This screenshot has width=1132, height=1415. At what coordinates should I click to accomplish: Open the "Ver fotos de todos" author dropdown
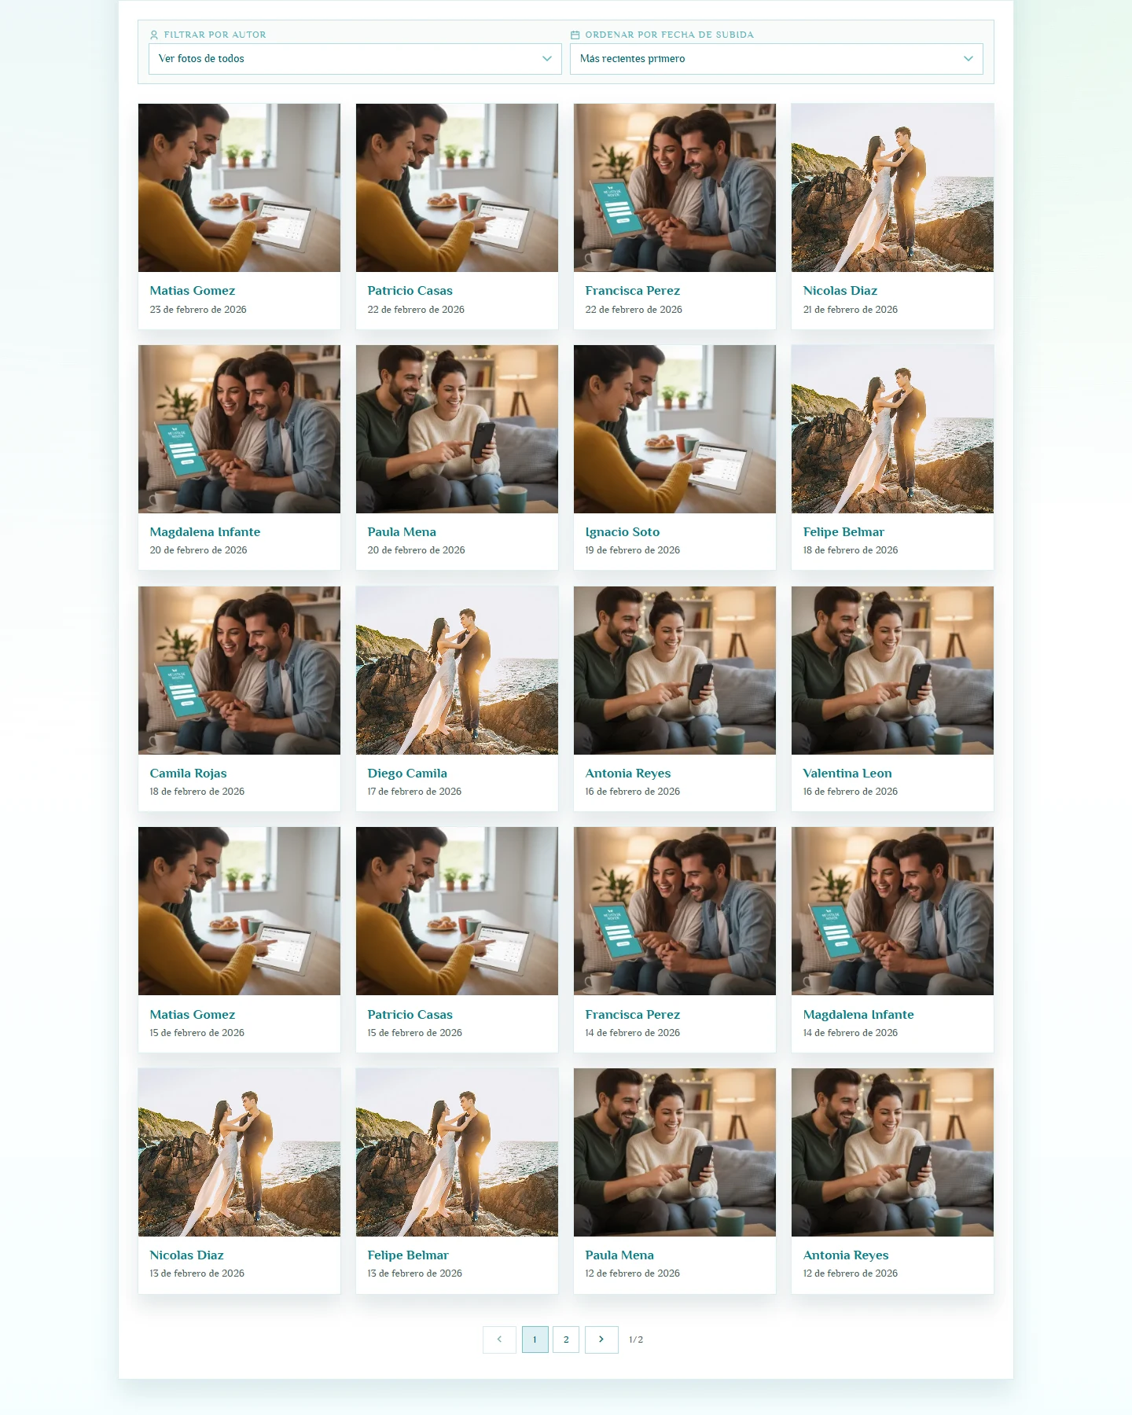[x=355, y=59]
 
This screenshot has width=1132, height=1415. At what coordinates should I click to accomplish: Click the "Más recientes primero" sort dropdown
[x=776, y=59]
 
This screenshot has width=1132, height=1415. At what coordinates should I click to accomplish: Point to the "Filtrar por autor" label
[x=215, y=35]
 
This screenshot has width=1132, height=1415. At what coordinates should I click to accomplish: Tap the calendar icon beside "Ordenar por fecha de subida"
[x=575, y=35]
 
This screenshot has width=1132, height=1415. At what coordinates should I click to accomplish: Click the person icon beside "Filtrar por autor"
[x=153, y=35]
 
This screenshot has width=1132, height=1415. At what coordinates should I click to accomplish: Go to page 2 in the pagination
[x=566, y=1340]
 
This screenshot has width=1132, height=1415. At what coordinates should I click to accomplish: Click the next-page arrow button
[x=601, y=1340]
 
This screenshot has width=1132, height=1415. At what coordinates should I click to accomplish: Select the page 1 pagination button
[x=535, y=1340]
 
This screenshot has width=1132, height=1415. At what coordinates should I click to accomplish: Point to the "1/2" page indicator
[x=636, y=1340]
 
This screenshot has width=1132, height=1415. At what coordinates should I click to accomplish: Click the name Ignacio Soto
[x=623, y=532]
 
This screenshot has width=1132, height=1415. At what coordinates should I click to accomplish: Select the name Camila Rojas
[x=188, y=774]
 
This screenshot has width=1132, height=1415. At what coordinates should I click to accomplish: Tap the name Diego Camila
[x=407, y=774]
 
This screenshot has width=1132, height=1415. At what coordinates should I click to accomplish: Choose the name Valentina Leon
[x=847, y=774]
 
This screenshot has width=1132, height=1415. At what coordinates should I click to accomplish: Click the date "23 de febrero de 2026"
[x=198, y=310]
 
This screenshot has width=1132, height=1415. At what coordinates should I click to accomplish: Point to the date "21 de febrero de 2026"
[x=851, y=310]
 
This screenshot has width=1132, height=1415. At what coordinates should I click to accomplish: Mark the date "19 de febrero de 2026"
[x=633, y=550]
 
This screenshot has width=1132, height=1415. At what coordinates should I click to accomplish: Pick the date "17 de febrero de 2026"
[x=414, y=792]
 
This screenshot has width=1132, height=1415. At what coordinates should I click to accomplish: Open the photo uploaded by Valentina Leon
[x=892, y=671]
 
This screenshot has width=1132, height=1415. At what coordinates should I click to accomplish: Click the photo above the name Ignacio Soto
[x=674, y=429]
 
